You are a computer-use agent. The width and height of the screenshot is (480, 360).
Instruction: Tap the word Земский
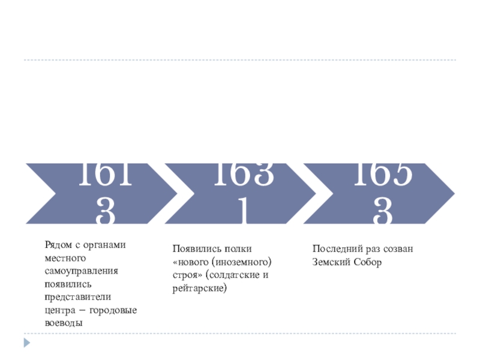(x=331, y=262)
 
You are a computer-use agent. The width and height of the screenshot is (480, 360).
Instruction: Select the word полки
(x=239, y=249)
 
